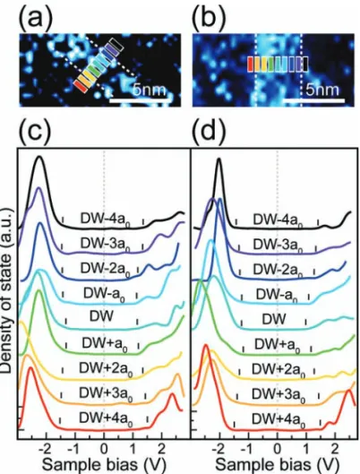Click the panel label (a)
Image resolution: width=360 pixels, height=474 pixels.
36,17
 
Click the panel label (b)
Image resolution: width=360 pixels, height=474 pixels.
209,17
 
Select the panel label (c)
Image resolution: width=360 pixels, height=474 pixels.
35,132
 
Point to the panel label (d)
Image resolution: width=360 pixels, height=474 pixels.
209,132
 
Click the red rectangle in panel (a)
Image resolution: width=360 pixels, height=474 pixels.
81,85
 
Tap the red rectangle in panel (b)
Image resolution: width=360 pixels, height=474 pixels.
251,65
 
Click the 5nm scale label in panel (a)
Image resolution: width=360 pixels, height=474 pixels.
150,90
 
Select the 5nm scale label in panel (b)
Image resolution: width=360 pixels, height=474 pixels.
322,90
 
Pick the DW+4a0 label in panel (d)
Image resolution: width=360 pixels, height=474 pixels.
278,419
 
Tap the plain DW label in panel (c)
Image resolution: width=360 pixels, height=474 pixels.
101,316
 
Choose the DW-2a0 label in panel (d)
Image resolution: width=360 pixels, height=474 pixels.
278,270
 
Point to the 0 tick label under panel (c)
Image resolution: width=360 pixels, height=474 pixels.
104,449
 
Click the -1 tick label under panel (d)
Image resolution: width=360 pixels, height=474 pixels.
248,449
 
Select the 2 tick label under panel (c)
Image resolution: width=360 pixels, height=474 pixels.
162,449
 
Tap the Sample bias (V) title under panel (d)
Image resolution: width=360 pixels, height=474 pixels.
278,466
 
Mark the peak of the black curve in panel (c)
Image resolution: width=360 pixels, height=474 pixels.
39,156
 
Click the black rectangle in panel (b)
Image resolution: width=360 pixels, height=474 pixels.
305,65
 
